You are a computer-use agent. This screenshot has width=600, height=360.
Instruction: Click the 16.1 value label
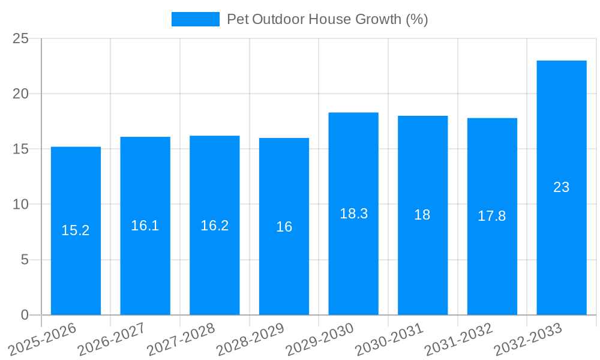(x=145, y=226)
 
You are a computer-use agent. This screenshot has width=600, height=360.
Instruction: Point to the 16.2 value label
(x=215, y=226)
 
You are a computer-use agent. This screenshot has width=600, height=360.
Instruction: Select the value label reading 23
(x=561, y=187)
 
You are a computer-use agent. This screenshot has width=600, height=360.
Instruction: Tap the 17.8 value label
(x=492, y=217)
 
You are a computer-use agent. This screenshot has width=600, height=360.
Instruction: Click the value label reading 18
(x=422, y=215)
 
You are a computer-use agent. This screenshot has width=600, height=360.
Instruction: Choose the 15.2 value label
(x=76, y=230)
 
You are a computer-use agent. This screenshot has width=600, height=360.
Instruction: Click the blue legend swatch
(x=196, y=19)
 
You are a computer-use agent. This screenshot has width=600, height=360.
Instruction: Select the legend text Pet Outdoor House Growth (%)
(x=327, y=19)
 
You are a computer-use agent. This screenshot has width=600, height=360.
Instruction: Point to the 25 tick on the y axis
(x=21, y=38)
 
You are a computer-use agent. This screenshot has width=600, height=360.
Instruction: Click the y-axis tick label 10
(x=21, y=205)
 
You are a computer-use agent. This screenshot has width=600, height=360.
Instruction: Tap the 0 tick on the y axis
(x=25, y=315)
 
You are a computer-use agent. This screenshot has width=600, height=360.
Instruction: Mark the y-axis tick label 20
(x=21, y=94)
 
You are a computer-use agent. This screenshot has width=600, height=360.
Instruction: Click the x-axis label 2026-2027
(x=112, y=340)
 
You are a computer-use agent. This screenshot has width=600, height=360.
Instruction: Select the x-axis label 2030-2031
(x=389, y=340)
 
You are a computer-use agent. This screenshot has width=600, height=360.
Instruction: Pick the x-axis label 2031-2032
(x=459, y=340)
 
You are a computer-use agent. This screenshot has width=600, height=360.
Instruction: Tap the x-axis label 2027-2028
(x=181, y=340)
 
